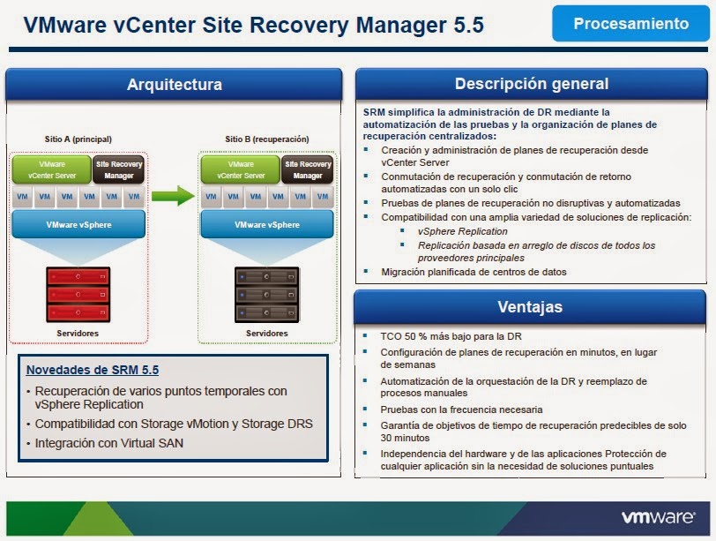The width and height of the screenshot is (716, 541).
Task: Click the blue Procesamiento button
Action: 630,24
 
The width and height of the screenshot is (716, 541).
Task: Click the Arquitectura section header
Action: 174,85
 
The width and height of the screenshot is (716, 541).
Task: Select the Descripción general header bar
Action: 531,84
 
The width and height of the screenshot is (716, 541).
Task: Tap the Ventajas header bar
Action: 531,307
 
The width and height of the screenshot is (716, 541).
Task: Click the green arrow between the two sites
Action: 171,196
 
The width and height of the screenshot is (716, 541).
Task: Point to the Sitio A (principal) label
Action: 78,139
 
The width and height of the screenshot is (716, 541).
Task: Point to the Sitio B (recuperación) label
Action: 266,139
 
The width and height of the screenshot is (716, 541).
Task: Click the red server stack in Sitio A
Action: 78,294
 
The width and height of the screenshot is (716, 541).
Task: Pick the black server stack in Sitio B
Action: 266,294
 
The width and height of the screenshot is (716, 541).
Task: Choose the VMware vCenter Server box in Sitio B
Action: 240,169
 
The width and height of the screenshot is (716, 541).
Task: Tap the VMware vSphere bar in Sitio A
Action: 78,225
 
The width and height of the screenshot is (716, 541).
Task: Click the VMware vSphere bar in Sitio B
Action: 266,225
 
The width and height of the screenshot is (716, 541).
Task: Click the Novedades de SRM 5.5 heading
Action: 93,370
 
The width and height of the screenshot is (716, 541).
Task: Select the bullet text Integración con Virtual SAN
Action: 109,443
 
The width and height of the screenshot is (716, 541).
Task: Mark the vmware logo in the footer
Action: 660,518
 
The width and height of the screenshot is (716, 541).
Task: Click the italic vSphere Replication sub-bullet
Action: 463,231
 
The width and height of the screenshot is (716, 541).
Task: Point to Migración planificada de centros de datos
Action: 474,272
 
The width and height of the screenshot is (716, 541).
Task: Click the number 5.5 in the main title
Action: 466,25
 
